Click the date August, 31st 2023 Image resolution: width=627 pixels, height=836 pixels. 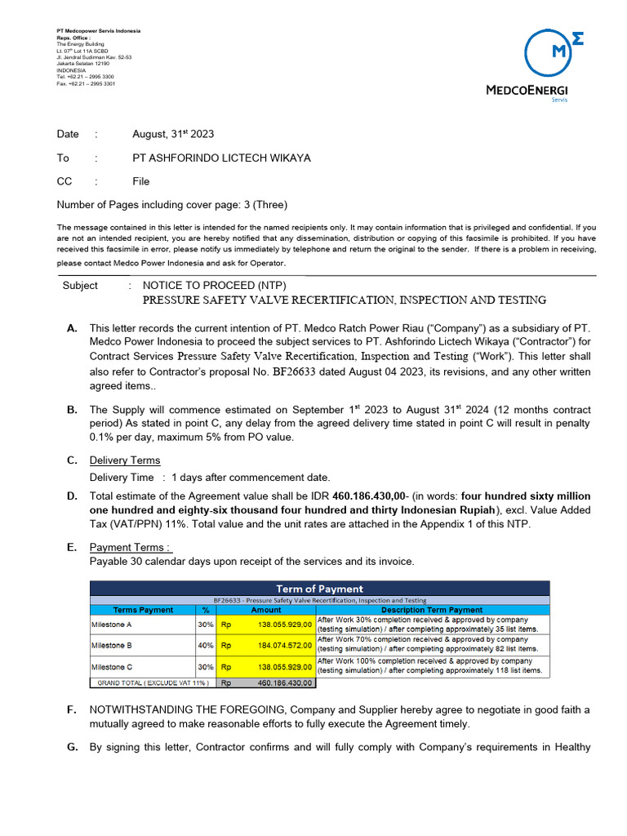pos(173,134)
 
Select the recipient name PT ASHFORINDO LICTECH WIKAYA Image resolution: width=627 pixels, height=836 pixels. pos(221,158)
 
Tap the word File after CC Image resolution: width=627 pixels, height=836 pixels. pos(141,181)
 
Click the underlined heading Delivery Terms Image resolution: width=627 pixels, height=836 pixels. pos(125,460)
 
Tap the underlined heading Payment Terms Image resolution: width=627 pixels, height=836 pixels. pos(131,547)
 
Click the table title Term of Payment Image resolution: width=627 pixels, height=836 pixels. pos(320,589)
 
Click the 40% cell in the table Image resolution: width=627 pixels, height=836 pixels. pos(206,645)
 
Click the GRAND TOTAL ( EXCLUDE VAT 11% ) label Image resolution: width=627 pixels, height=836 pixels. pos(153,683)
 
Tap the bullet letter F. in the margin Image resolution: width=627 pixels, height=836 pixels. pos(72,710)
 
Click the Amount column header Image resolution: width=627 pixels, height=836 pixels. pos(265,610)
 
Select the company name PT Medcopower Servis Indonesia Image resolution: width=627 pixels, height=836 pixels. pos(98,31)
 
